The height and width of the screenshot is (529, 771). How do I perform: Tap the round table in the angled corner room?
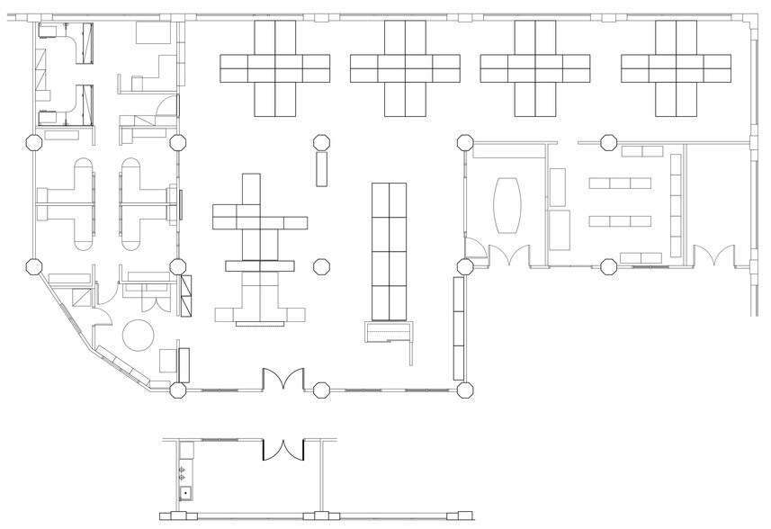click(140, 336)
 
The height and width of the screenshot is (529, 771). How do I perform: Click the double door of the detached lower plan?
click(285, 449)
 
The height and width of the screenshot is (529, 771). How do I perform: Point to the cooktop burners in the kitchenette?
click(184, 471)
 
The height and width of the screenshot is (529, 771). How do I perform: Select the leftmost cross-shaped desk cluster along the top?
click(274, 68)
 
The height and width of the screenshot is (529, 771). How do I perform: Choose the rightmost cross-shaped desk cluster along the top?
click(676, 68)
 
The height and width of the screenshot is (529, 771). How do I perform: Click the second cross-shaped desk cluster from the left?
click(405, 68)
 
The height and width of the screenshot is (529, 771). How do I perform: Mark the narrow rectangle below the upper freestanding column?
click(319, 168)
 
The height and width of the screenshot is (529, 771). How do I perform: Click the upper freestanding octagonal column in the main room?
click(319, 141)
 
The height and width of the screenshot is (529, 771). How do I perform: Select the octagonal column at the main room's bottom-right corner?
click(465, 390)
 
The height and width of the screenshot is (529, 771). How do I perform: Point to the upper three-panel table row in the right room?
click(620, 184)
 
